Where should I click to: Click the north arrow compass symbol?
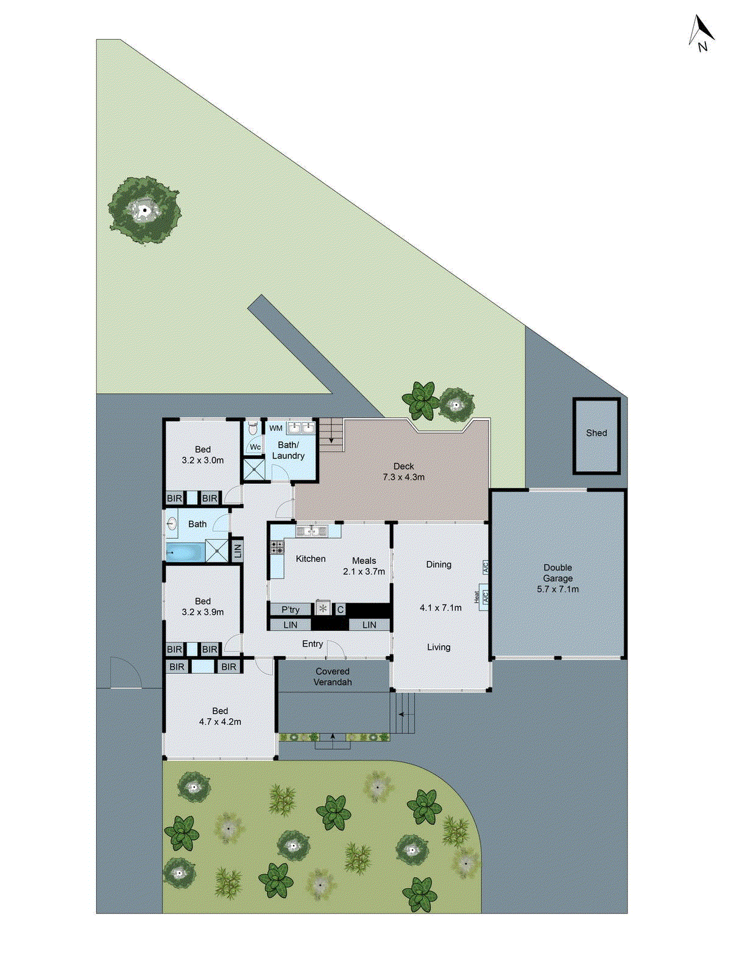point(701,33)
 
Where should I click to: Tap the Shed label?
point(596,433)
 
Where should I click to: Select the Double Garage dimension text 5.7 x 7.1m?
point(557,589)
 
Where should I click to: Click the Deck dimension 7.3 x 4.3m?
point(403,477)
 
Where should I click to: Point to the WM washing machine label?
point(276,429)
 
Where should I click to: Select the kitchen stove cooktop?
point(277,547)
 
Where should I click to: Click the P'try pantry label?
point(291,609)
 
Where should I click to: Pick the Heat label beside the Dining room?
point(476,597)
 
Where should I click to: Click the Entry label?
point(313,644)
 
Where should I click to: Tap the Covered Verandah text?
point(333,677)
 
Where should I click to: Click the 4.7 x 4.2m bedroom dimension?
point(220,722)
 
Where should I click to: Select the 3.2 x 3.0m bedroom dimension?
point(202,460)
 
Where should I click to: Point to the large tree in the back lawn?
point(144,211)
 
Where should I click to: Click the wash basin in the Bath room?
point(171,524)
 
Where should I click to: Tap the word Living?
point(439,647)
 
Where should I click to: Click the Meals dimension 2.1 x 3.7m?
point(364,572)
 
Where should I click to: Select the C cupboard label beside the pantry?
point(341,609)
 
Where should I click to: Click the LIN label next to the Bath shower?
point(238,551)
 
